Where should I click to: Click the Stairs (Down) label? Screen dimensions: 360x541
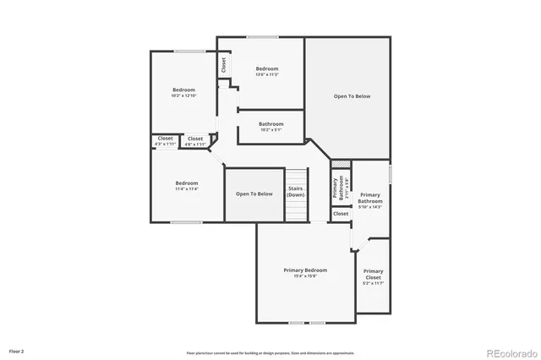click(295, 192)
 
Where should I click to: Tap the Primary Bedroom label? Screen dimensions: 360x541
click(305, 270)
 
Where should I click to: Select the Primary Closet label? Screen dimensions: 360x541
click(373, 274)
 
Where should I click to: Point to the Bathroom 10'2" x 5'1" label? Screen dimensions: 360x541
click(271, 124)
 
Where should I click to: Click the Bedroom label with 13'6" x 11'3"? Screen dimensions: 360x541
click(267, 68)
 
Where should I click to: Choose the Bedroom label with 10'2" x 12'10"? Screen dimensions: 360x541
click(184, 90)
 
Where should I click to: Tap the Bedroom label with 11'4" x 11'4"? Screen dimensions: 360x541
click(187, 183)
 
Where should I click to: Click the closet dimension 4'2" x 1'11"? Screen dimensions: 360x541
click(165, 145)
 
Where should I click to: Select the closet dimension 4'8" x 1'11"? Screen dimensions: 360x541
click(195, 145)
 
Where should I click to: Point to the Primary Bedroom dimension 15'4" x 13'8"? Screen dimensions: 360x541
click(305, 275)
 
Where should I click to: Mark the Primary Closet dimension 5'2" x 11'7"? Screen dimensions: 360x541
click(373, 283)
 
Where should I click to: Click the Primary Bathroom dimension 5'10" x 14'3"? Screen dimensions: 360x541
click(370, 207)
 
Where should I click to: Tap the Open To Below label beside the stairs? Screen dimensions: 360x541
click(254, 194)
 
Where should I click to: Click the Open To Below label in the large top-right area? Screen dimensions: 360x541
click(352, 96)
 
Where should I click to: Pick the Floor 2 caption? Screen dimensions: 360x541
click(17, 350)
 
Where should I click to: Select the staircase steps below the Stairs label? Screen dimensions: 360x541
click(295, 210)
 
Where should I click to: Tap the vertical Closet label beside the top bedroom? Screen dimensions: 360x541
click(224, 64)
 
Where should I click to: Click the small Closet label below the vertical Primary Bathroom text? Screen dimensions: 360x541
click(340, 214)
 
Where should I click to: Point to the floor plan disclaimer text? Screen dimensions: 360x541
click(270, 352)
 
